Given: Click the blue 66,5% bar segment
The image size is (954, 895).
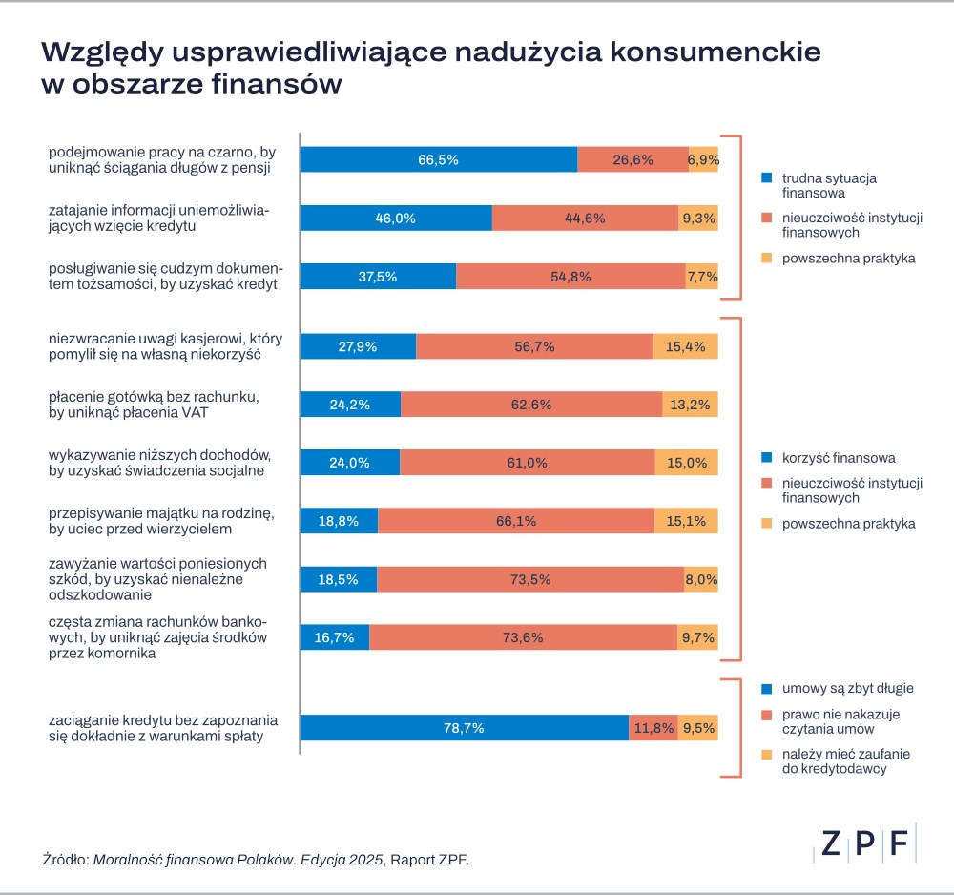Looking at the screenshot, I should pyautogui.click(x=438, y=159).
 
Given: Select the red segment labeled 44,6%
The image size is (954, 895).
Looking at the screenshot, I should pyautogui.click(x=584, y=218).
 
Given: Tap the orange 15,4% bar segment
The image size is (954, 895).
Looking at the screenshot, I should pyautogui.click(x=685, y=346).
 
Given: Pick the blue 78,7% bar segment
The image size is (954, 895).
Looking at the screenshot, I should pyautogui.click(x=464, y=728).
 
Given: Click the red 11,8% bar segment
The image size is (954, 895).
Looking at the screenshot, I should pyautogui.click(x=652, y=728).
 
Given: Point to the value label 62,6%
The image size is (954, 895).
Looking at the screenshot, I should pyautogui.click(x=531, y=405).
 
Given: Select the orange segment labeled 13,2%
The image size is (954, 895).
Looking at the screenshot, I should pyautogui.click(x=690, y=405).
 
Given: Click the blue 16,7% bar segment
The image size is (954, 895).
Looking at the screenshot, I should pyautogui.click(x=334, y=637).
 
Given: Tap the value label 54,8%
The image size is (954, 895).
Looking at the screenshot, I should pyautogui.click(x=570, y=277).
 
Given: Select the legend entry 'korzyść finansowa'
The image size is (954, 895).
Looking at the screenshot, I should pyautogui.click(x=838, y=457).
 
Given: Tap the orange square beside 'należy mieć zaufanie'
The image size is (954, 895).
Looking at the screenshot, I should pyautogui.click(x=766, y=755).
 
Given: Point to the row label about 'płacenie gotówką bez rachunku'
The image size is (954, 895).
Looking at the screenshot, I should pyautogui.click(x=154, y=405).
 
